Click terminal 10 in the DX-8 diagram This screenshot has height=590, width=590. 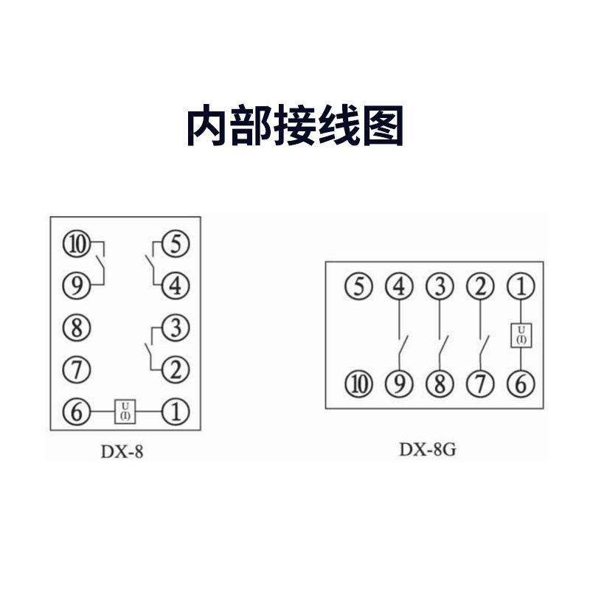click(x=76, y=243)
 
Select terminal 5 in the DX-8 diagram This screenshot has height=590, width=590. click(x=175, y=243)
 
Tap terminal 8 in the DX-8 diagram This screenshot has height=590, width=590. click(x=76, y=327)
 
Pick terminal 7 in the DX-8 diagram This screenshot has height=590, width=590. click(x=76, y=368)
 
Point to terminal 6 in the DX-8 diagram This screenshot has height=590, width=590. click(x=76, y=411)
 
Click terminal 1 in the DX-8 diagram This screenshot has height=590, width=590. click(x=175, y=411)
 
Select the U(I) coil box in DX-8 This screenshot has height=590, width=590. click(x=125, y=411)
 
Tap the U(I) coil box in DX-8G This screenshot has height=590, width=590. click(x=521, y=335)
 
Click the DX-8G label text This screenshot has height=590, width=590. click(x=428, y=448)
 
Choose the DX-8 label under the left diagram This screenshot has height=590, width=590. click(x=122, y=451)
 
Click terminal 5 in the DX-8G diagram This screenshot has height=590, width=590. click(x=359, y=286)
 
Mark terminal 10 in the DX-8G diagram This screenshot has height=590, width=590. click(x=359, y=384)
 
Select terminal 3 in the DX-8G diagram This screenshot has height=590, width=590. click(x=440, y=286)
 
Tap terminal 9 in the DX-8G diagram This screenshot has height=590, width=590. click(x=400, y=384)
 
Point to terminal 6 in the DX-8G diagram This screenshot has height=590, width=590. click(x=521, y=384)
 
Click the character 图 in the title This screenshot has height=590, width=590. click(x=383, y=126)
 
